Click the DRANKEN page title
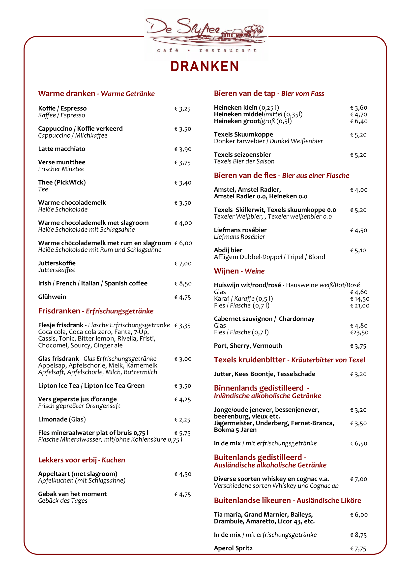pyautogui.click(x=205, y=66)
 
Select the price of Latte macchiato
pyautogui.click(x=183, y=149)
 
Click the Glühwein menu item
pyautogui.click(x=52, y=297)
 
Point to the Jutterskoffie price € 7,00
pyautogui.click(x=183, y=264)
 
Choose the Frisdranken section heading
pyautogui.click(x=96, y=311)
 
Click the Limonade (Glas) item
pyautogui.click(x=62, y=420)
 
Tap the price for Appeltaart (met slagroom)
pyautogui.click(x=183, y=474)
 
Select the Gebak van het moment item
pyautogui.click(x=72, y=494)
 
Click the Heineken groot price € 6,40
pyautogui.click(x=359, y=122)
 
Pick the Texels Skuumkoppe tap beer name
pyautogui.click(x=243, y=134)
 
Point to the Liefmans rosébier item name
pyautogui.click(x=240, y=230)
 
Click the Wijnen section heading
pyautogui.click(x=239, y=271)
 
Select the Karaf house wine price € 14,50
pyautogui.click(x=360, y=299)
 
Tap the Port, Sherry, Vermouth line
pyautogui.click(x=248, y=346)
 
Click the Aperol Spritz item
pyautogui.click(x=233, y=548)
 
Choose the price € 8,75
pyautogui.click(x=358, y=535)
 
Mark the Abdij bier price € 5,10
pyautogui.click(x=358, y=251)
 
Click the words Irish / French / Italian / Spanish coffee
pyautogui.click(x=93, y=283)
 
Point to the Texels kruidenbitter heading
pyautogui.click(x=289, y=360)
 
